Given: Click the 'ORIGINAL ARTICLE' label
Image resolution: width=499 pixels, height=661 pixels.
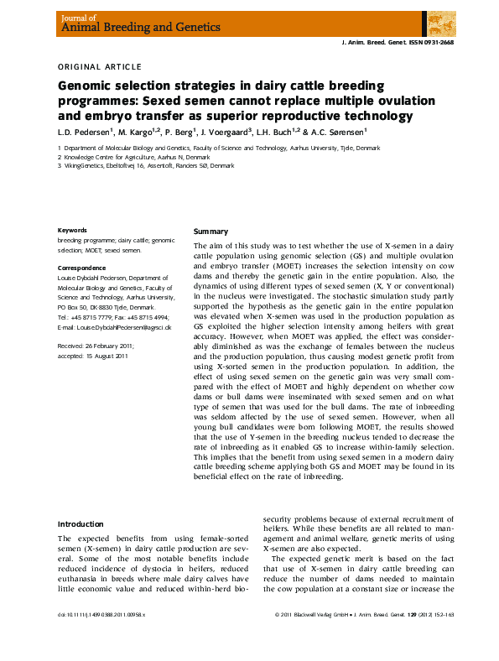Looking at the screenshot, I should [99, 66].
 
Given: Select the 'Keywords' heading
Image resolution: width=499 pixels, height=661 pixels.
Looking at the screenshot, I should [71, 231].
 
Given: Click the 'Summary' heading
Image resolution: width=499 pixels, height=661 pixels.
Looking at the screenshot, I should [211, 231].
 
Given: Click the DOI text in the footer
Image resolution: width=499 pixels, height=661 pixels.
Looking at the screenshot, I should [101, 638].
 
